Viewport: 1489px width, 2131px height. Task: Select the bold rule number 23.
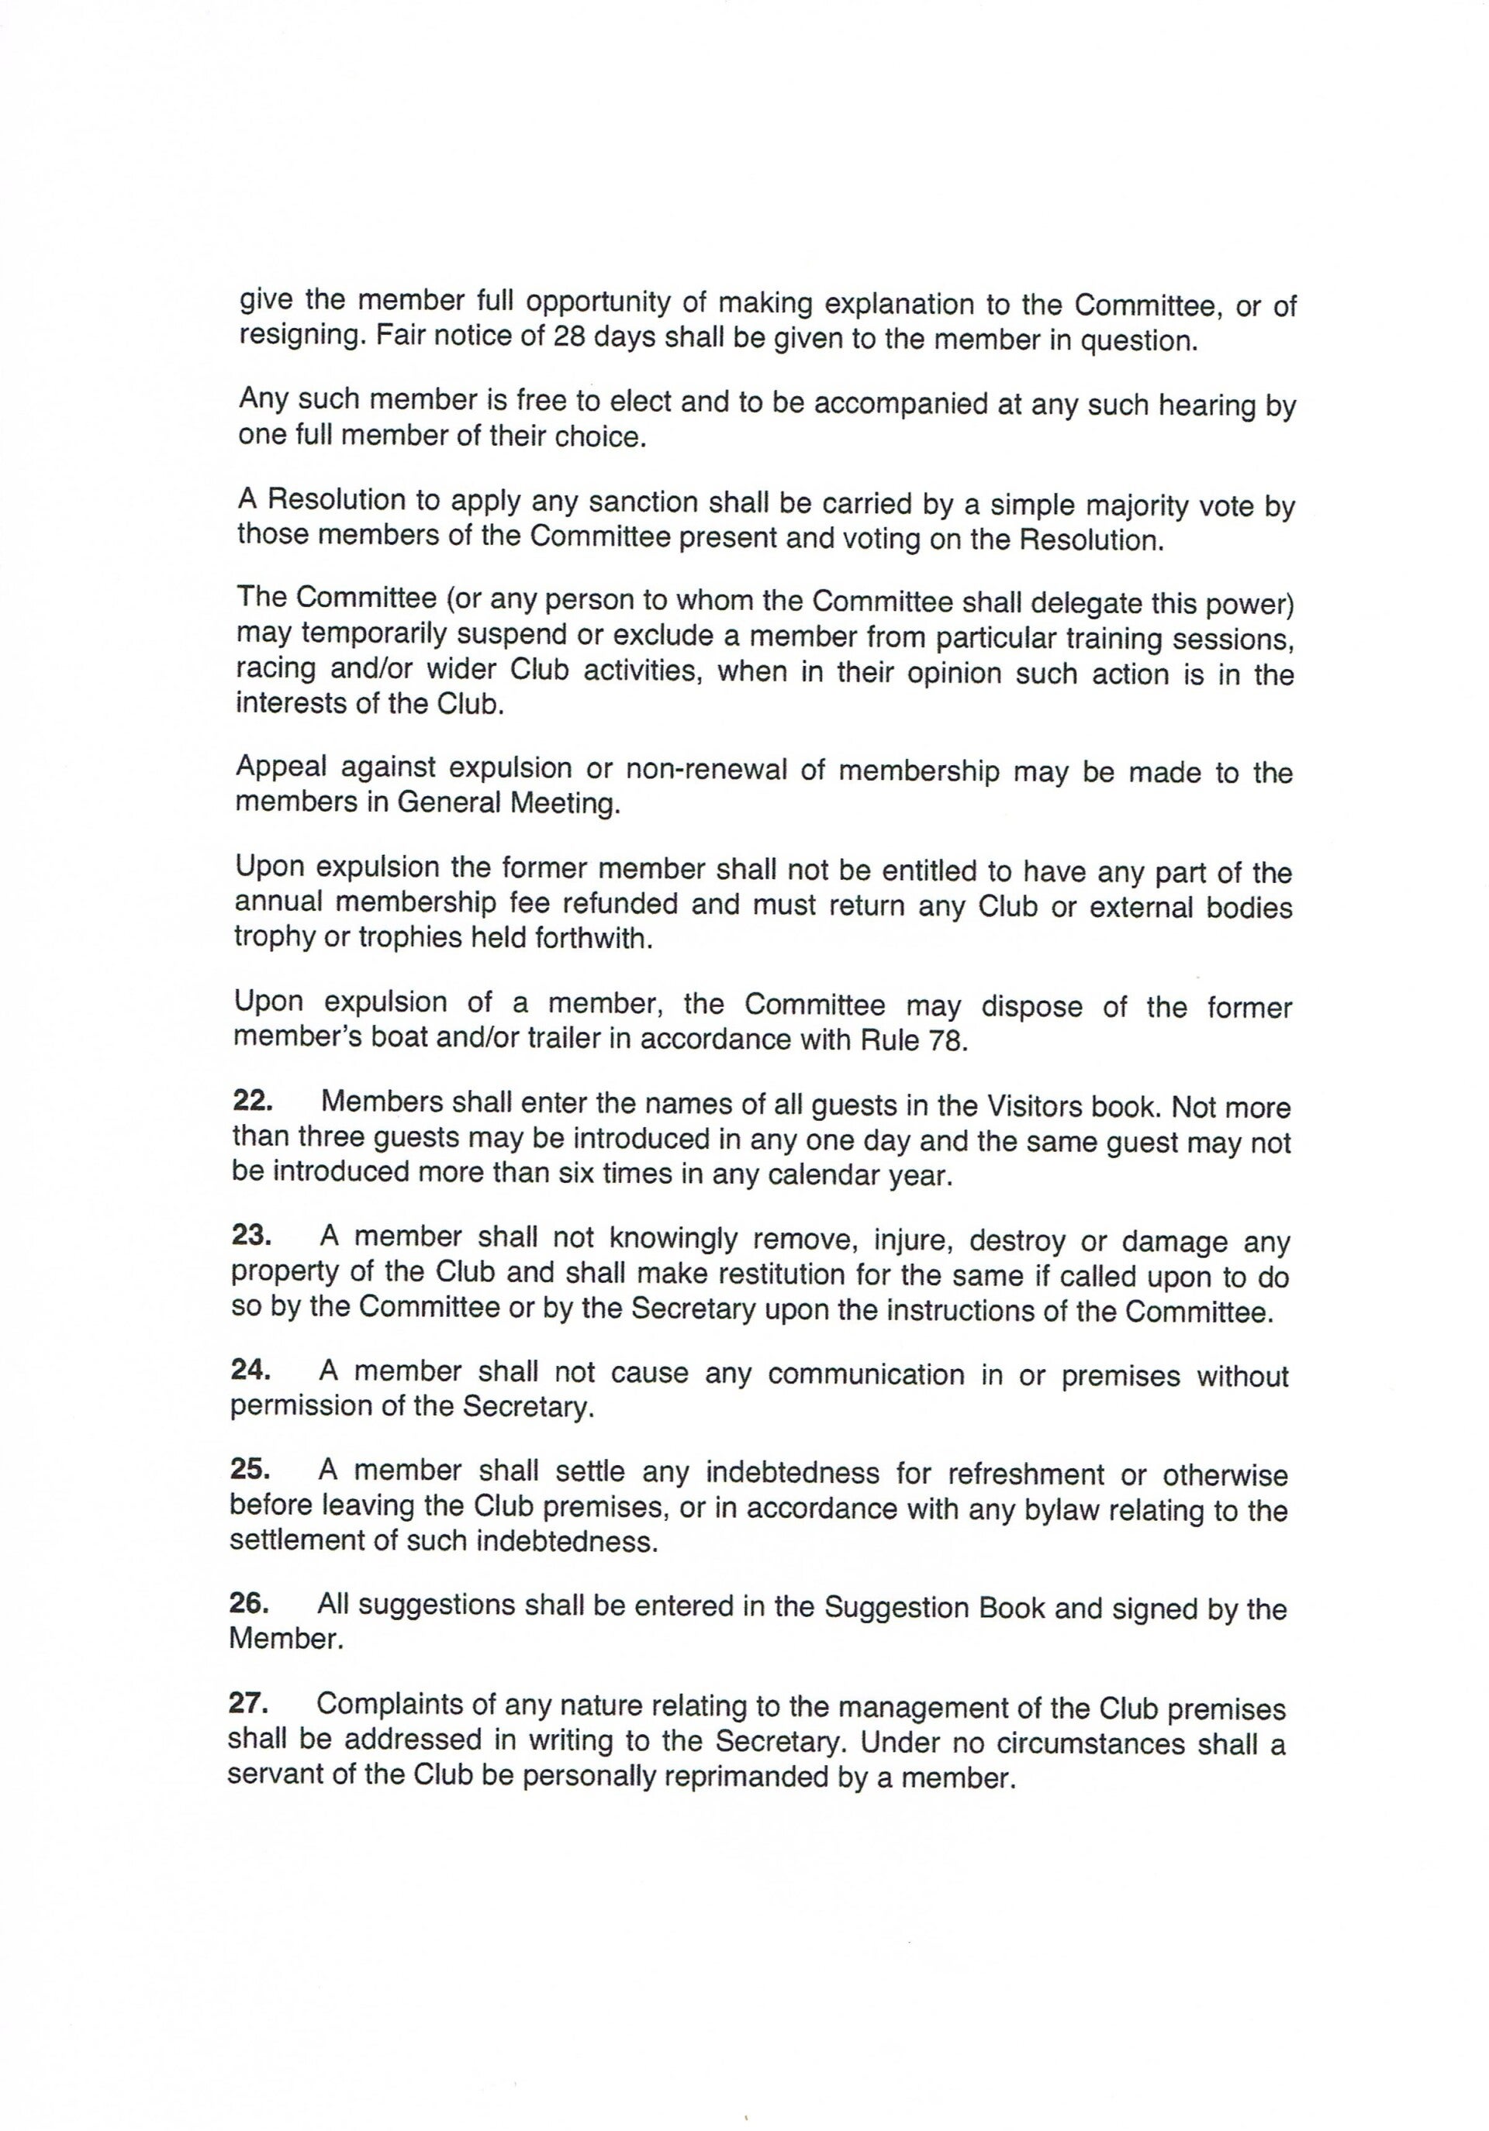pyautogui.click(x=250, y=1236)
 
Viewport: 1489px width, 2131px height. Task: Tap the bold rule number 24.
pyautogui.click(x=250, y=1370)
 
